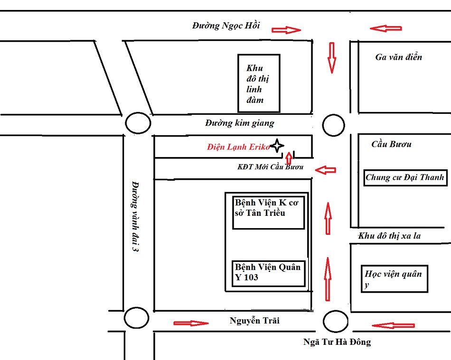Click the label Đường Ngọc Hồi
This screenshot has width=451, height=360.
click(226, 26)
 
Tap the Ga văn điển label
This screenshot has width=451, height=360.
click(398, 57)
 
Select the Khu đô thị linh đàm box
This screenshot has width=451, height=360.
click(259, 83)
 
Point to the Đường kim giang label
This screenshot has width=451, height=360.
click(240, 123)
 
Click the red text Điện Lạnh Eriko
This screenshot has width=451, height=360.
click(238, 147)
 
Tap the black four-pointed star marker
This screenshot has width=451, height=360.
click(277, 146)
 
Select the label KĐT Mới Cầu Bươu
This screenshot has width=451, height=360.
click(270, 167)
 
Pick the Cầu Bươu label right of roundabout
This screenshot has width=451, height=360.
click(391, 144)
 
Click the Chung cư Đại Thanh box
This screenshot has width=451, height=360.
click(405, 178)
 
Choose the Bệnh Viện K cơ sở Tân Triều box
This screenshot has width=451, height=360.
click(268, 211)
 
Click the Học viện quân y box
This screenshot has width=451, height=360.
click(395, 279)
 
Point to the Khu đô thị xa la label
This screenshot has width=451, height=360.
click(389, 236)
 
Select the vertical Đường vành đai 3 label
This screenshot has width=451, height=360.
click(135, 216)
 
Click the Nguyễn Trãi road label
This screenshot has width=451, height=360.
click(254, 321)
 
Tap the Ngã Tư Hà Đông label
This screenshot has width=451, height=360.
click(337, 342)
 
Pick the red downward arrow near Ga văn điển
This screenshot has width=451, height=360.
click(331, 57)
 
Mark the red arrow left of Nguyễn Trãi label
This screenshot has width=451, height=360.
click(191, 323)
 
